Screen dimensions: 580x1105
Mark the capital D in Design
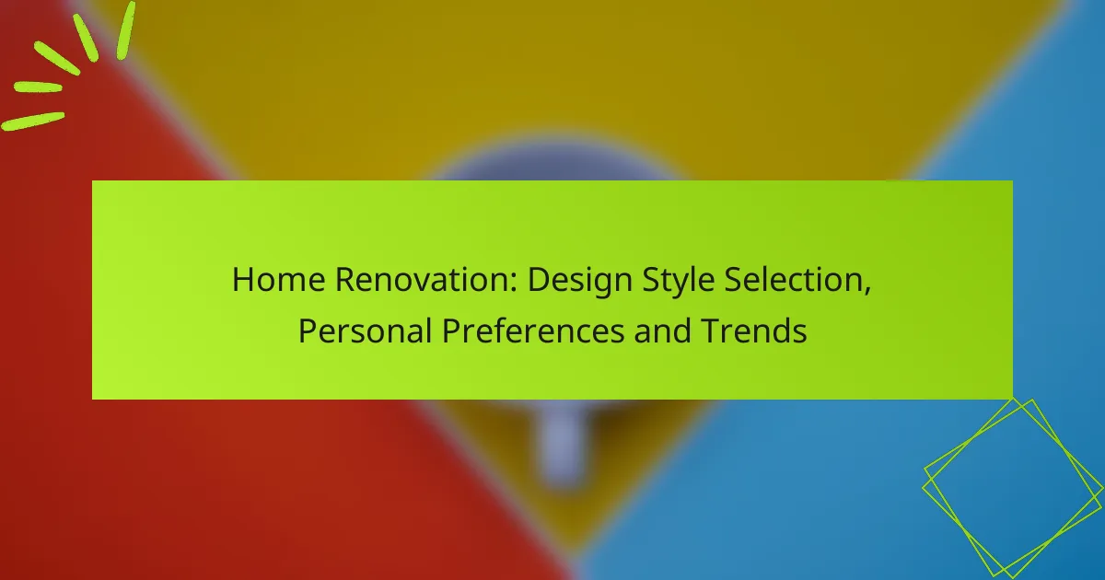537,279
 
